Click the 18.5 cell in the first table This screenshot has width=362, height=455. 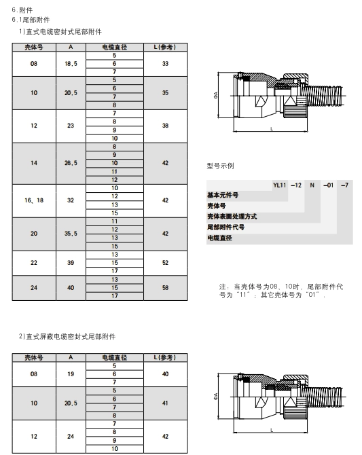point(71,64)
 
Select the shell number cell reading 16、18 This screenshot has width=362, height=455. point(34,200)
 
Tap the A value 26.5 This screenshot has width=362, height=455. point(71,163)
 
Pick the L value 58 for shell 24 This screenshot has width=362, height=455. point(165,288)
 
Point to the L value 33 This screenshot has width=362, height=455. point(165,64)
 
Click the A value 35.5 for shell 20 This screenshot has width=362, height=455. point(71,234)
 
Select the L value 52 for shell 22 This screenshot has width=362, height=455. point(165,263)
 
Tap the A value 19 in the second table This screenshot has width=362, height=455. point(71,374)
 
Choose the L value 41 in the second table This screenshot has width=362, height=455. point(165,403)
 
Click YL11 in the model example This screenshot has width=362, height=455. point(280,185)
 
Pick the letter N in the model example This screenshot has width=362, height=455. point(312,185)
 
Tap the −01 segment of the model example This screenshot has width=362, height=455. point(328,185)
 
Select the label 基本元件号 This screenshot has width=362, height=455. point(223,195)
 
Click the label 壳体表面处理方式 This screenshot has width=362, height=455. point(232,217)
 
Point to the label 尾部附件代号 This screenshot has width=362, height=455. point(225,227)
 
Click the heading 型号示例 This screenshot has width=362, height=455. point(220,166)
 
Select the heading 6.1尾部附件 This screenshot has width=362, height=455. point(31,20)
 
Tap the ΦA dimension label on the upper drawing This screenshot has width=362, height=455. point(216,95)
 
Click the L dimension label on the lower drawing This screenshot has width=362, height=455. point(272,430)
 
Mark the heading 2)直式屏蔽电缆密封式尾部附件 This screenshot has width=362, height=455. point(67,337)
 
